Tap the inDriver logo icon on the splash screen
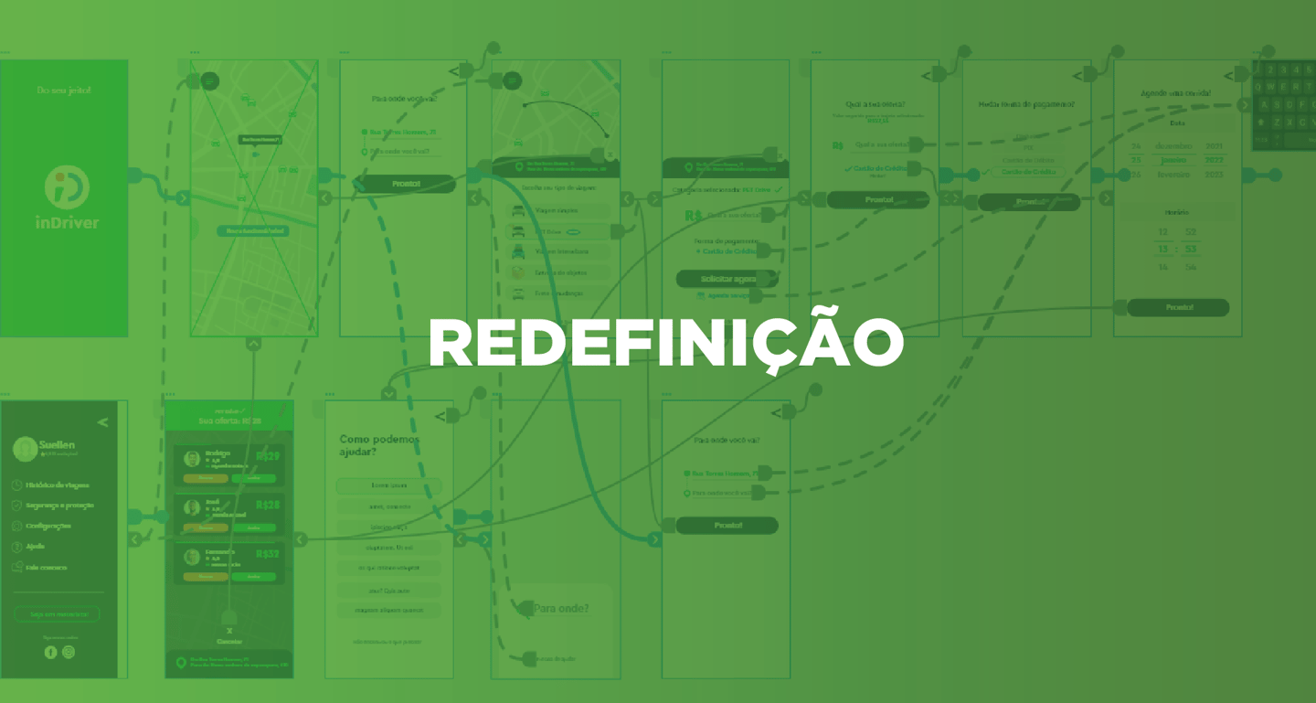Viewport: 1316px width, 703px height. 67,187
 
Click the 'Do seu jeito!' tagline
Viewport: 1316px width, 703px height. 64,91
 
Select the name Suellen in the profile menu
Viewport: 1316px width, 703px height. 57,445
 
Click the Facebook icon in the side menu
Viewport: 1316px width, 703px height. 50,652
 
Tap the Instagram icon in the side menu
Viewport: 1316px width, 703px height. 69,652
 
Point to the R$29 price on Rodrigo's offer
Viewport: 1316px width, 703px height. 269,456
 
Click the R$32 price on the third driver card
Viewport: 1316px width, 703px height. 269,554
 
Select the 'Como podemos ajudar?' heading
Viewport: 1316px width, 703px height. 379,445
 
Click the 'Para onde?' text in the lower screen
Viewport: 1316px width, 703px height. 560,609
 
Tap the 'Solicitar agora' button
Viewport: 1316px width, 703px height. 727,278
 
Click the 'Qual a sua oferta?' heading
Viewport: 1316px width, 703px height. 875,104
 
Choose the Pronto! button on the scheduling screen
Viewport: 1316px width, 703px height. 1178,308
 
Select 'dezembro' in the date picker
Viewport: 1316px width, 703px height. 1172,146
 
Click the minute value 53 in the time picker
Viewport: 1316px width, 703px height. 1190,250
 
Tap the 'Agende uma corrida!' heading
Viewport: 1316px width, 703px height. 1176,93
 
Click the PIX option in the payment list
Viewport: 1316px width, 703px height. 1028,148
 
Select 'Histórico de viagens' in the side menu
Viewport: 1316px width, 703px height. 58,485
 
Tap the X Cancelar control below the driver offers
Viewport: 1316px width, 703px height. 229,635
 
